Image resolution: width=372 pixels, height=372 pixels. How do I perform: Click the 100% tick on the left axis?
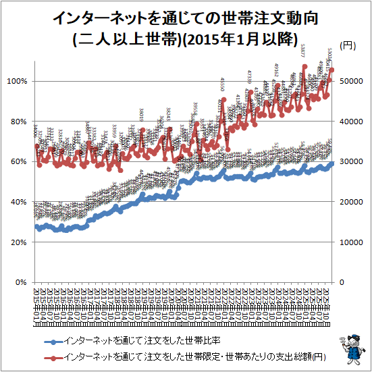point(16,81)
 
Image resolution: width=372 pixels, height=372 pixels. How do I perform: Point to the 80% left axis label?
point(18,122)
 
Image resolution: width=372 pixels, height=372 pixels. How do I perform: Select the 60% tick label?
point(18,161)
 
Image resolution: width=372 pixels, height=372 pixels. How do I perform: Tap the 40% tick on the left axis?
point(18,202)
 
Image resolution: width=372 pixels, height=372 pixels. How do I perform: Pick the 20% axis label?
point(18,242)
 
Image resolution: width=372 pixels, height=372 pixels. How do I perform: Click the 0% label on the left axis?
point(20,282)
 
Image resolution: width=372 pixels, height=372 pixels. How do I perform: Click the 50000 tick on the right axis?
point(350,81)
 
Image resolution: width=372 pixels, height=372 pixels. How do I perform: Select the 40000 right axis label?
point(350,122)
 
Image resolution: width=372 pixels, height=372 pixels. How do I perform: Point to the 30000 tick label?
point(350,161)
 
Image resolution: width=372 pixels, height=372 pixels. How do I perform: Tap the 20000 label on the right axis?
point(350,202)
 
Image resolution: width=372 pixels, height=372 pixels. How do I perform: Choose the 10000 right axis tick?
point(350,242)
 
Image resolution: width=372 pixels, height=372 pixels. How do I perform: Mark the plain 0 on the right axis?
point(341,282)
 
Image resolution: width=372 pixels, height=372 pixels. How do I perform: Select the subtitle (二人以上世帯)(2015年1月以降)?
point(186,37)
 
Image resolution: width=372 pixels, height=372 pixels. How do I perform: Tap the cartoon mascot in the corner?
point(352,348)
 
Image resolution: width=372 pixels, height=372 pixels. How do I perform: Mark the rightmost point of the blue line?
point(331,163)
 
